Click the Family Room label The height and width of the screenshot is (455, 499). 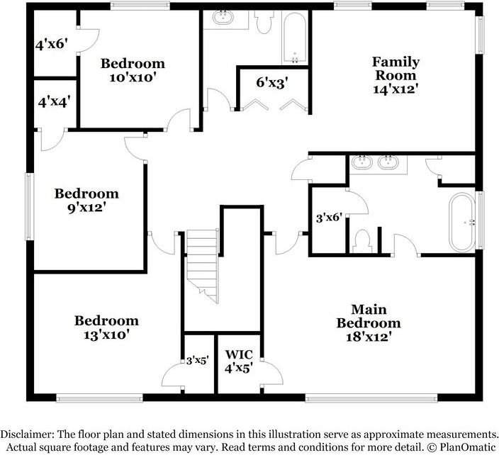(x=396, y=69)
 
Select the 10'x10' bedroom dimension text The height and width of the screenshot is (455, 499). (x=133, y=77)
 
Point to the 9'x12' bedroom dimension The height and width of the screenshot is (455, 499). (x=86, y=208)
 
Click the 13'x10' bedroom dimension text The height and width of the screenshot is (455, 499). (x=106, y=335)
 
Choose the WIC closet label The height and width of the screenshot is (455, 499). (x=239, y=354)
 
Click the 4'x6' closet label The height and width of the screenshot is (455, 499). (x=51, y=44)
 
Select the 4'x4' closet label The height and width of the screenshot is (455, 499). (x=54, y=101)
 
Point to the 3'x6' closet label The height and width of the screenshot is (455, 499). (x=329, y=218)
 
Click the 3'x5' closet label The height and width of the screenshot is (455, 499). (x=196, y=359)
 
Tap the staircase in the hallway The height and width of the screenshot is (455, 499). (x=203, y=266)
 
